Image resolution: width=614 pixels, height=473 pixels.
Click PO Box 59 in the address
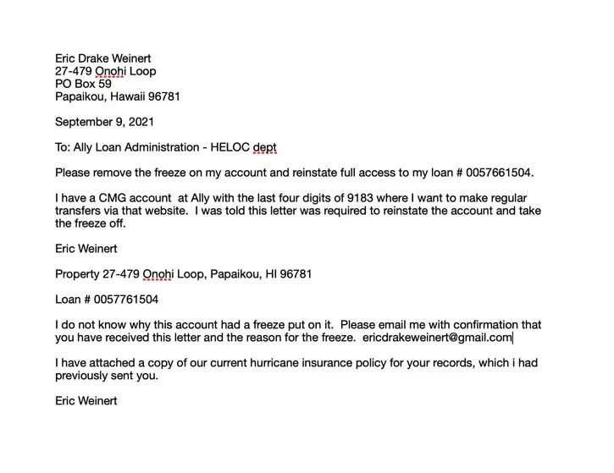coord(83,84)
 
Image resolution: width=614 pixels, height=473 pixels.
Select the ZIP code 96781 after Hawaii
coord(163,96)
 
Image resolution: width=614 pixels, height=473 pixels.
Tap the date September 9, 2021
coord(105,122)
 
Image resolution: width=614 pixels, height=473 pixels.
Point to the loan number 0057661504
coord(498,173)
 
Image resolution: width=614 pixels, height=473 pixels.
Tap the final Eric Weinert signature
coord(86,401)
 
